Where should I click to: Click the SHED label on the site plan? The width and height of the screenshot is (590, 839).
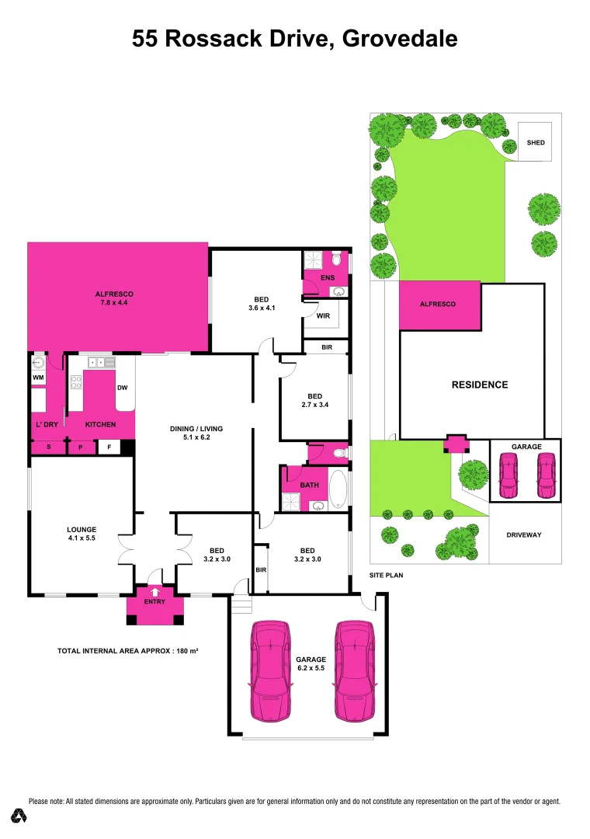point(536,143)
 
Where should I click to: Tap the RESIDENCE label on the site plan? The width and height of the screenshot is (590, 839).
point(480,385)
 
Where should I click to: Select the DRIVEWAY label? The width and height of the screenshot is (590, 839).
point(525,535)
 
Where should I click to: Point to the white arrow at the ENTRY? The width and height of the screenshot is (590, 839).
point(155,591)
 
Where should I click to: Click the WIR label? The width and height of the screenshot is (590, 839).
point(324,316)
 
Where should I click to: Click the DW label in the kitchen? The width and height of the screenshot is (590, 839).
point(122,388)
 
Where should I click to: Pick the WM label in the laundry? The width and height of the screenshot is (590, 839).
point(38,378)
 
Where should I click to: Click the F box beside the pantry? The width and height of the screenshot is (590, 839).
point(109,447)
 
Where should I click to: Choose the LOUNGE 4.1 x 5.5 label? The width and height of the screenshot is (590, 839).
point(81,534)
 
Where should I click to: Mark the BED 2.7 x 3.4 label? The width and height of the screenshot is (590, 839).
point(314,399)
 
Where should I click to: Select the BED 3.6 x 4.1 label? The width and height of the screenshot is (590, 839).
point(262,304)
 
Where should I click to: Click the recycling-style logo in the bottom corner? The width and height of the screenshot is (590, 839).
point(19,816)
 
